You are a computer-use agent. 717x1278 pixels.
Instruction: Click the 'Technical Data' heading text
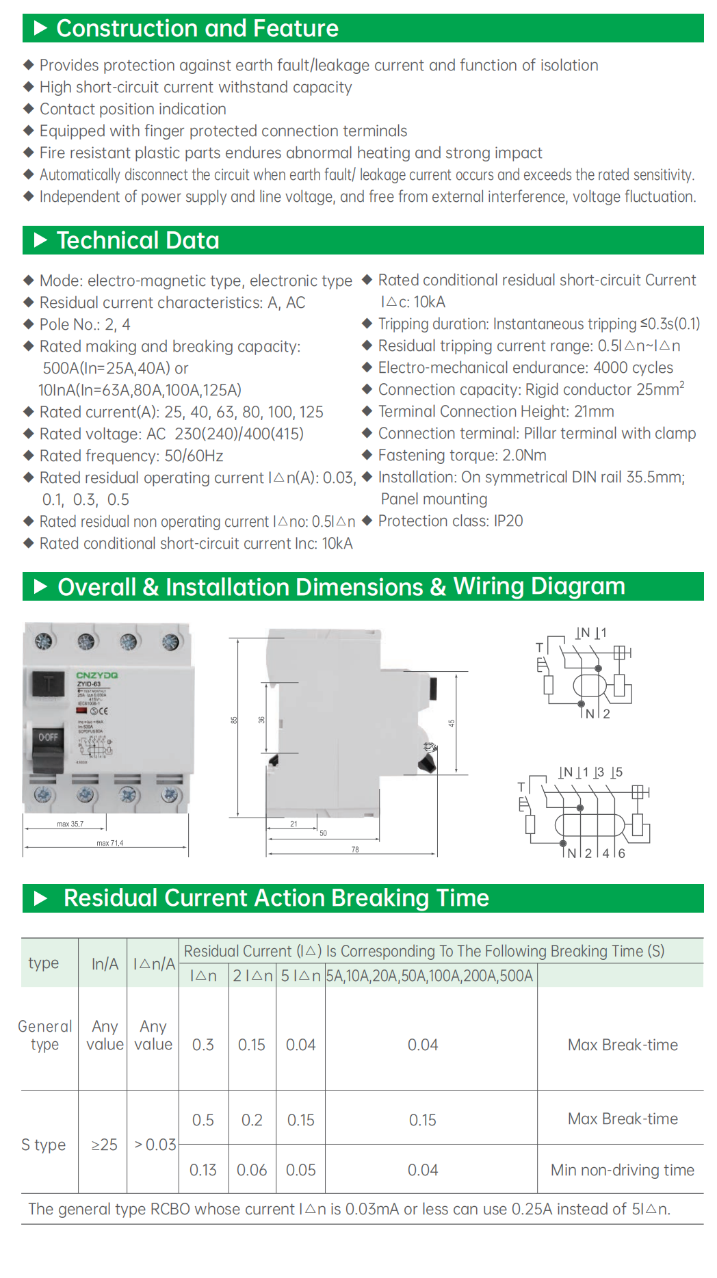[138, 241]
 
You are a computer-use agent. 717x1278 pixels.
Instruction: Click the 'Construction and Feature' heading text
[197, 29]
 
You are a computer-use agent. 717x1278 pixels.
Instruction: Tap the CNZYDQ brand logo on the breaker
[97, 675]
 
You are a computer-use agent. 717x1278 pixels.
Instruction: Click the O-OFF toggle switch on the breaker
[48, 746]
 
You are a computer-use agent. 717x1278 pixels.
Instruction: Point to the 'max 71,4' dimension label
[109, 843]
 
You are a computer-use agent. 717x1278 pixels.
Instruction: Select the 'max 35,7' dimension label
[70, 824]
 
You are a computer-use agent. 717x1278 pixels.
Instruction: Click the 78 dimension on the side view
[355, 850]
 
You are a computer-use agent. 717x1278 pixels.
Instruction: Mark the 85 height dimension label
[234, 720]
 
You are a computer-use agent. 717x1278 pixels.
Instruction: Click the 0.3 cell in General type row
[203, 1045]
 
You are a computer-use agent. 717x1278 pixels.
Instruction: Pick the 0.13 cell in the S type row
[203, 1170]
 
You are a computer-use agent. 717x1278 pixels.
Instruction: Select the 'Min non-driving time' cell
[622, 1170]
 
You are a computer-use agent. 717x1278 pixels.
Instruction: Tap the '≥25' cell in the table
[105, 1145]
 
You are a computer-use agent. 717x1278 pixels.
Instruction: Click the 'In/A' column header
[105, 964]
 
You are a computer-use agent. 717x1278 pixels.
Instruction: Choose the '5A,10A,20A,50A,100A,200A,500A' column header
[430, 976]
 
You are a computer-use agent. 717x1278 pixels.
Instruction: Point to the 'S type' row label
[44, 1145]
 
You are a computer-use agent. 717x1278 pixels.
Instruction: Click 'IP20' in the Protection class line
[508, 521]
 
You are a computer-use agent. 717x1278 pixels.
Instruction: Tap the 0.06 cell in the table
[252, 1170]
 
